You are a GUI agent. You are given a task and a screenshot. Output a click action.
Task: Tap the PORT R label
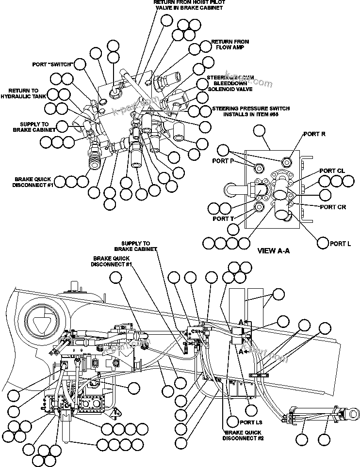click(314, 134)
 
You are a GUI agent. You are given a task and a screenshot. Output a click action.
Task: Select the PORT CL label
click(332, 171)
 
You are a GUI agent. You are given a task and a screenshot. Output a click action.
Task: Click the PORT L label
click(340, 244)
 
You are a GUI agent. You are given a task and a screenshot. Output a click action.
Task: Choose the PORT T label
click(224, 218)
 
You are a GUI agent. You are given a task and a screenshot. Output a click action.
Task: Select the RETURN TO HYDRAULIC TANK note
click(23, 93)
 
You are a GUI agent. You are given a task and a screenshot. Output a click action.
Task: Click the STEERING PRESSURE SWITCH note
click(251, 111)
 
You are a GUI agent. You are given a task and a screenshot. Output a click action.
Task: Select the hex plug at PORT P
click(259, 168)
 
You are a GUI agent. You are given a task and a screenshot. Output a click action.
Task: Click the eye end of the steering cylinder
click(353, 413)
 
